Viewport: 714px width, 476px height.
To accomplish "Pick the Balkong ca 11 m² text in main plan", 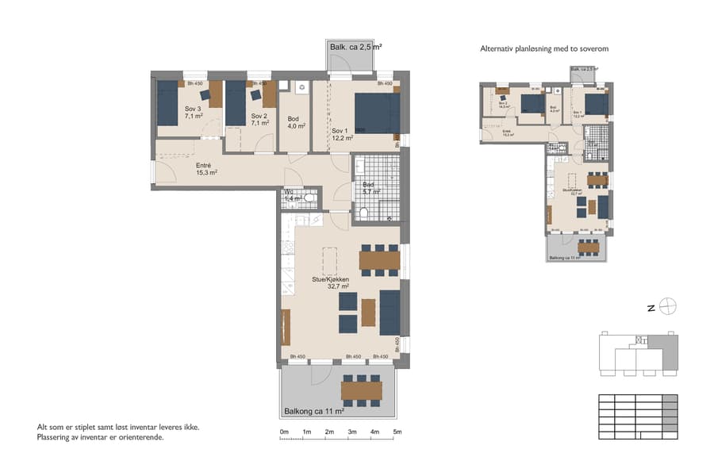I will click(x=314, y=412).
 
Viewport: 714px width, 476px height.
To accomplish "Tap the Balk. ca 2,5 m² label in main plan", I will click(x=355, y=48).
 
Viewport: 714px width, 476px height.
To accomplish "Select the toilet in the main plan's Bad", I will click(x=363, y=212).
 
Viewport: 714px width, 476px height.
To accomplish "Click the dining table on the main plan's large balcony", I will click(x=362, y=390).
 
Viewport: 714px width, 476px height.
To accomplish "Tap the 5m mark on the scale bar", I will click(x=397, y=432).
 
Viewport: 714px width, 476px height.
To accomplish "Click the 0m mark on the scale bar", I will click(x=284, y=432).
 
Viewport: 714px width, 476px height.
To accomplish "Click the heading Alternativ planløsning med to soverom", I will click(x=544, y=49).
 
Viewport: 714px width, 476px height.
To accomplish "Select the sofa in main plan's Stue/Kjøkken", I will click(x=390, y=313).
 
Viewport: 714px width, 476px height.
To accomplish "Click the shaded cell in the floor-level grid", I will click(x=670, y=400).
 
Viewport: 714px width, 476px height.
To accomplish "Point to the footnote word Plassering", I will click(x=56, y=437).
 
